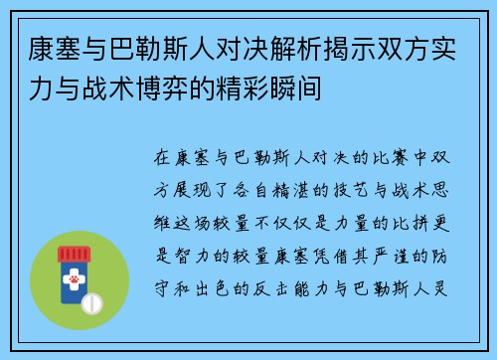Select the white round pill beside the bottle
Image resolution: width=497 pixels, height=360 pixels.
pos(90,302)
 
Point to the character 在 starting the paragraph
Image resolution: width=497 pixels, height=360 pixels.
pos(163,158)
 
